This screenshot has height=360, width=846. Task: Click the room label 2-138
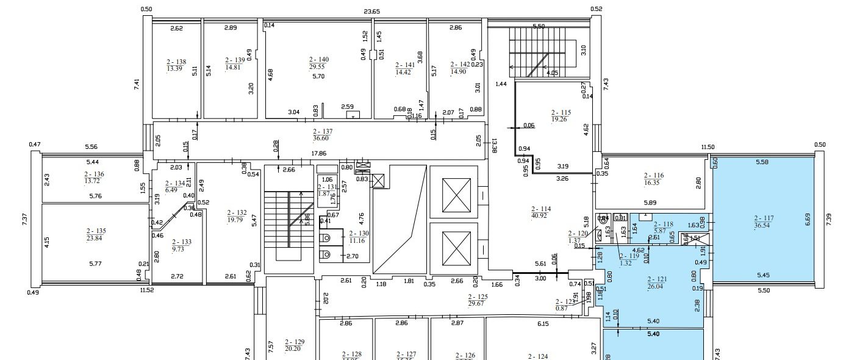(x=176, y=62)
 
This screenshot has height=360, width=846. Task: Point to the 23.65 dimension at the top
(x=372, y=11)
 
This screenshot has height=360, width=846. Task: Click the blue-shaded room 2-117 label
(x=764, y=217)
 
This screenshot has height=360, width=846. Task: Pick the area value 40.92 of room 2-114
(x=542, y=216)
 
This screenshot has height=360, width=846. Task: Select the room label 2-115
(x=561, y=112)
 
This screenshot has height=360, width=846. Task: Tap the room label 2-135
(x=96, y=231)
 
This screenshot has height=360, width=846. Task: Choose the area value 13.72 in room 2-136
(x=95, y=181)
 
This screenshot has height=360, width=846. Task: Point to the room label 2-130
(x=356, y=233)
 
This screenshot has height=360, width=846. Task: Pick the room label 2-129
(x=294, y=342)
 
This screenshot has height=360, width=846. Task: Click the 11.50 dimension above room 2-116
(x=708, y=147)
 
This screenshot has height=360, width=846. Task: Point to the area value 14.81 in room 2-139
(x=234, y=67)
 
